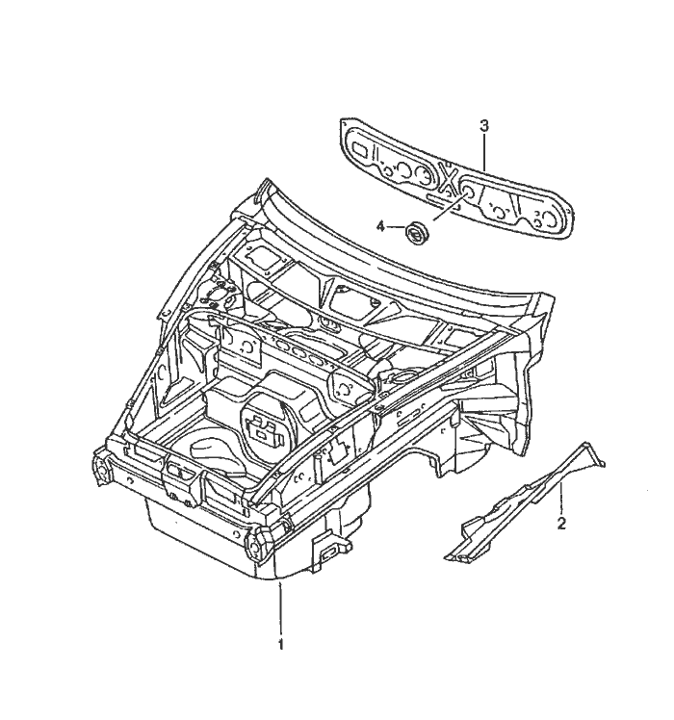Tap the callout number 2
[x=561, y=524]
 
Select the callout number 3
[x=484, y=125]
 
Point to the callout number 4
[x=380, y=226]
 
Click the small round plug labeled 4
[x=416, y=232]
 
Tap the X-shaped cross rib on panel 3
[x=449, y=177]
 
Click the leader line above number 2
[x=561, y=499]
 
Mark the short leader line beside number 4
[x=395, y=227]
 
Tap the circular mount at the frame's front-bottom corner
[x=255, y=543]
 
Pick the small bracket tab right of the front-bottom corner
[x=329, y=549]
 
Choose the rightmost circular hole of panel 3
[x=551, y=219]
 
